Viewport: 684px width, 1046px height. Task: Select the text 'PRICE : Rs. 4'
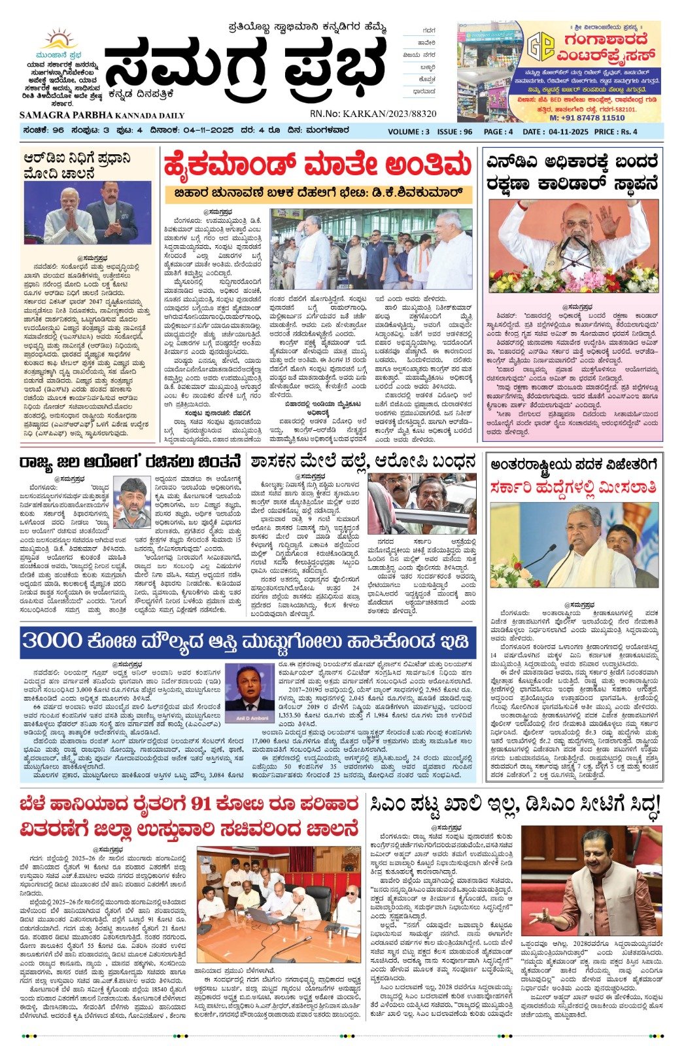(x=617, y=131)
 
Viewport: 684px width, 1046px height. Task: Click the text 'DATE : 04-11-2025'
(x=555, y=131)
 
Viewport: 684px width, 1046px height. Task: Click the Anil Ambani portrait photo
(x=249, y=693)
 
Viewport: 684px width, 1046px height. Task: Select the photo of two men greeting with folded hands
(x=88, y=214)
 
